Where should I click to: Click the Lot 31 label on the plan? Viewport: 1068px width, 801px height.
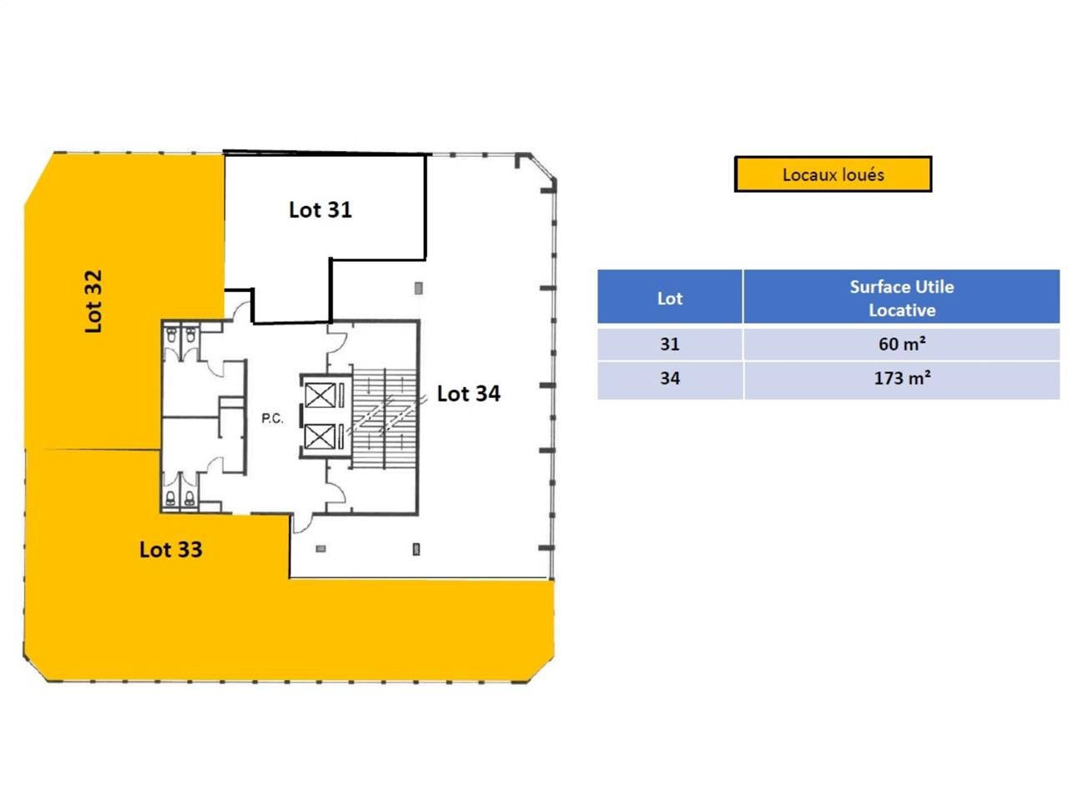320,209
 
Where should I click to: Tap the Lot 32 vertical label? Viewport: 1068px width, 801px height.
93,301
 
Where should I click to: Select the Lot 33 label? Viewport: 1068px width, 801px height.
171,549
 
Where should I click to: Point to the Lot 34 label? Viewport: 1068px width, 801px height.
468,393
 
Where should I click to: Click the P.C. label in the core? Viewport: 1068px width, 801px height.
272,419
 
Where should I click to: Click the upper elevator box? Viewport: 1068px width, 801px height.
320,395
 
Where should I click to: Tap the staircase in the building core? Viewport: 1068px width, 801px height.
382,416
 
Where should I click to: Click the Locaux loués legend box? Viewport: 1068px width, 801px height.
833,174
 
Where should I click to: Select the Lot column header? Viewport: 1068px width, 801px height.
669,298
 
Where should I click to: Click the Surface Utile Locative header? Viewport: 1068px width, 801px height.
901,298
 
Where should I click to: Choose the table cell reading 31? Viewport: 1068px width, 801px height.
669,344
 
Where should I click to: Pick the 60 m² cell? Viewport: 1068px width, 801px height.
901,344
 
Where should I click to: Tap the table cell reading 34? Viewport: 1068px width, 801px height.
669,378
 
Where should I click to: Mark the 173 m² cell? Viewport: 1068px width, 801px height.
901,378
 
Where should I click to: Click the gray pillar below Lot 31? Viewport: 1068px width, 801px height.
419,289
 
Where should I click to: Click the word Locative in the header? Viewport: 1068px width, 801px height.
902,310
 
